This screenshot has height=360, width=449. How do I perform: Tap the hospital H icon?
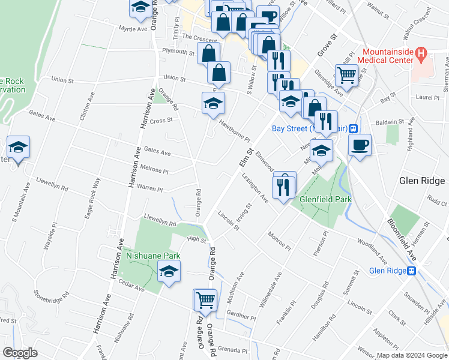click(421, 55)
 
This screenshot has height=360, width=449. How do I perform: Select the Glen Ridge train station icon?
click(412, 271)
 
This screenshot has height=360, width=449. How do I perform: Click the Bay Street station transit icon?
click(354, 128)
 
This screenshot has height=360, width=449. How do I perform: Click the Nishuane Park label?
click(153, 256)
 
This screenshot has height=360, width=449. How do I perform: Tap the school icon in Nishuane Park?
click(169, 273)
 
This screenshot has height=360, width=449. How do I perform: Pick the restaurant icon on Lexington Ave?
click(283, 186)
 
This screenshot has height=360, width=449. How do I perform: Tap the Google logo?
click(20, 353)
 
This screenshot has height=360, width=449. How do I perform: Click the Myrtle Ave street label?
click(133, 29)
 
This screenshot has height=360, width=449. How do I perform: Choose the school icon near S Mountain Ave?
click(18, 146)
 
